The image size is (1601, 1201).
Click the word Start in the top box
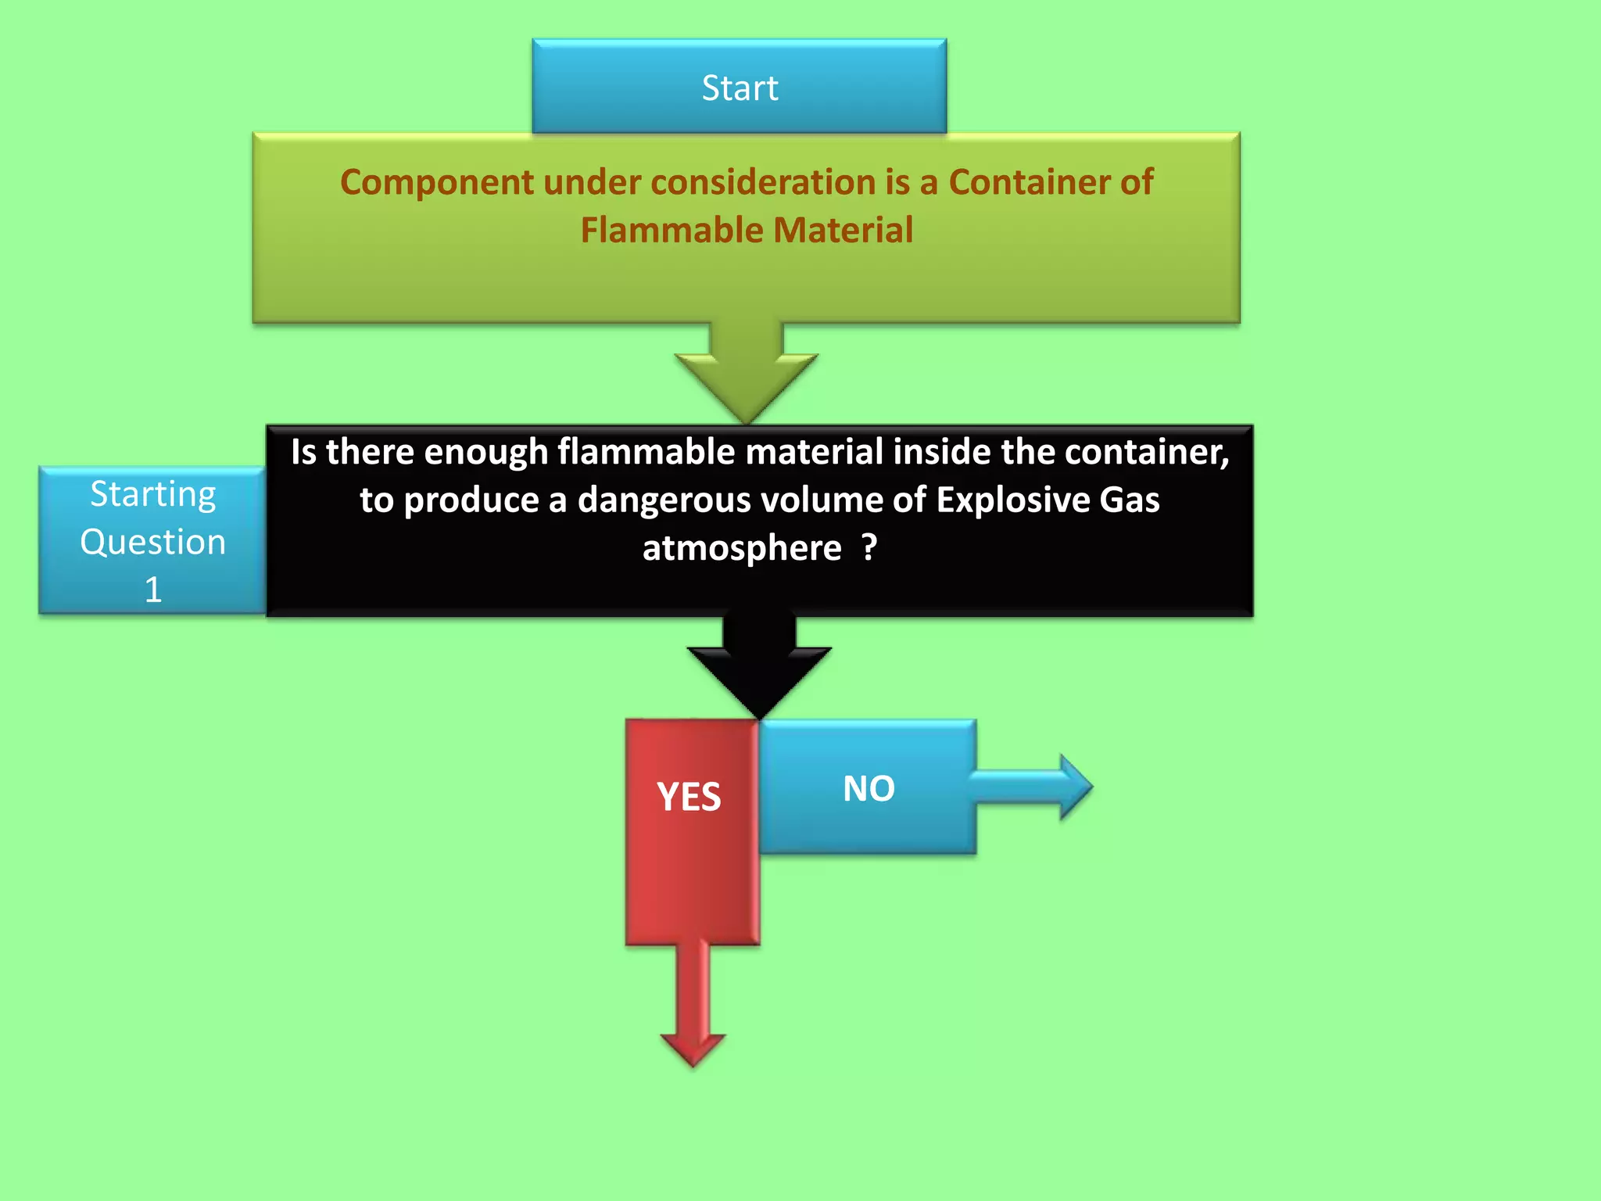pyautogui.click(x=740, y=88)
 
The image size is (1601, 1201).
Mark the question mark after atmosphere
pyautogui.click(x=869, y=547)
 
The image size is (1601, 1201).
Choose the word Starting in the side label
pyautogui.click(x=153, y=495)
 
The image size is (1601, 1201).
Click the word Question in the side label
pyautogui.click(x=153, y=542)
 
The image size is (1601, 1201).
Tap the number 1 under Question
pyautogui.click(x=153, y=590)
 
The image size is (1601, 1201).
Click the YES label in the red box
pyautogui.click(x=689, y=797)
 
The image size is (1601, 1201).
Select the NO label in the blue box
pyautogui.click(x=869, y=788)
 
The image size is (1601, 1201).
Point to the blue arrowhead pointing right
pyautogui.click(x=1075, y=787)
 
